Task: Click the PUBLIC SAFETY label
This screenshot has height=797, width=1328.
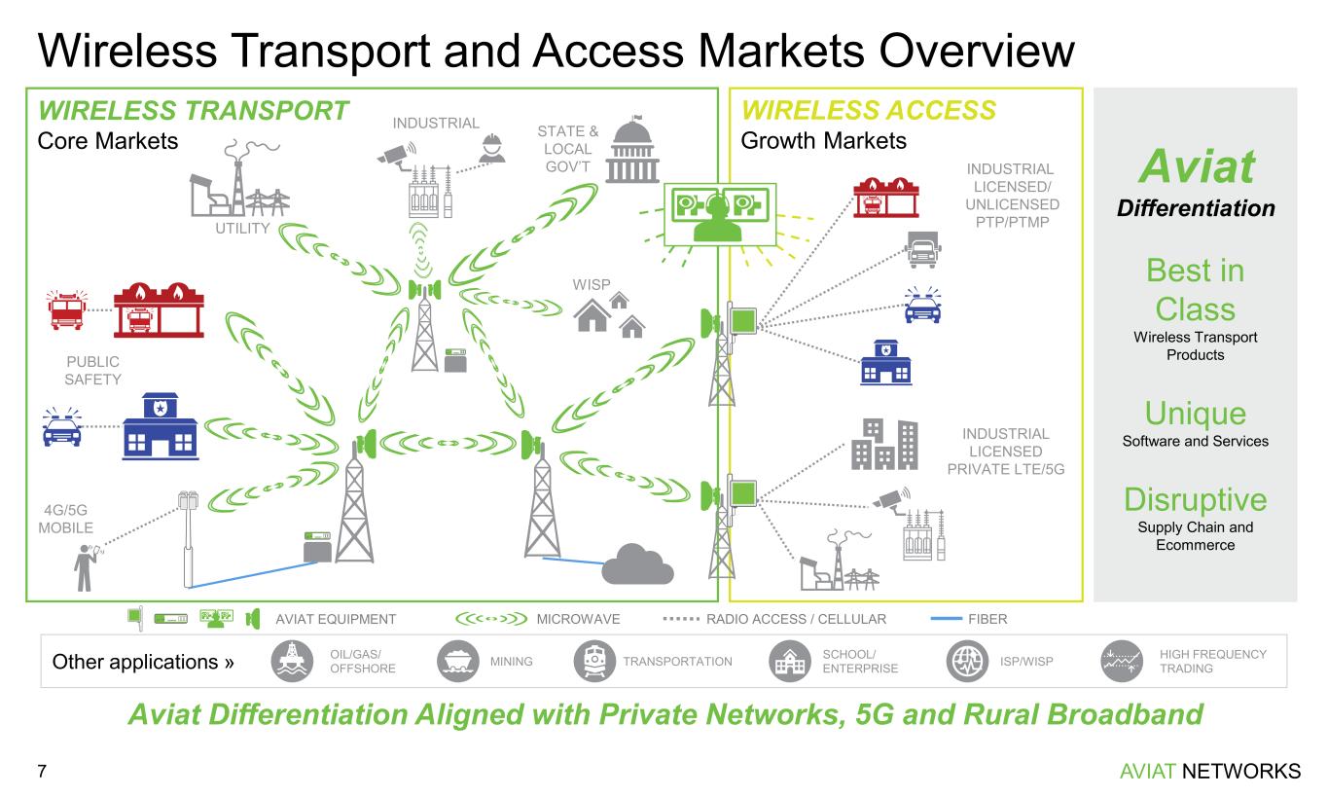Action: click(92, 370)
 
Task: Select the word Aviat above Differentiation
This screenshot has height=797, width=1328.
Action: click(1195, 167)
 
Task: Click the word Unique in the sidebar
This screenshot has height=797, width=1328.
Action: click(1195, 414)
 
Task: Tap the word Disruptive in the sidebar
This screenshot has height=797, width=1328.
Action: click(1195, 499)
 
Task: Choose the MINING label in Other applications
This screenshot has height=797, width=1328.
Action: click(511, 662)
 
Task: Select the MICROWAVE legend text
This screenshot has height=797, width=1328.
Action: click(578, 618)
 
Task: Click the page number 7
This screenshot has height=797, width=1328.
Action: click(42, 772)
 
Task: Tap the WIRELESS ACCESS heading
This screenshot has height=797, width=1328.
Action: click(869, 110)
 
